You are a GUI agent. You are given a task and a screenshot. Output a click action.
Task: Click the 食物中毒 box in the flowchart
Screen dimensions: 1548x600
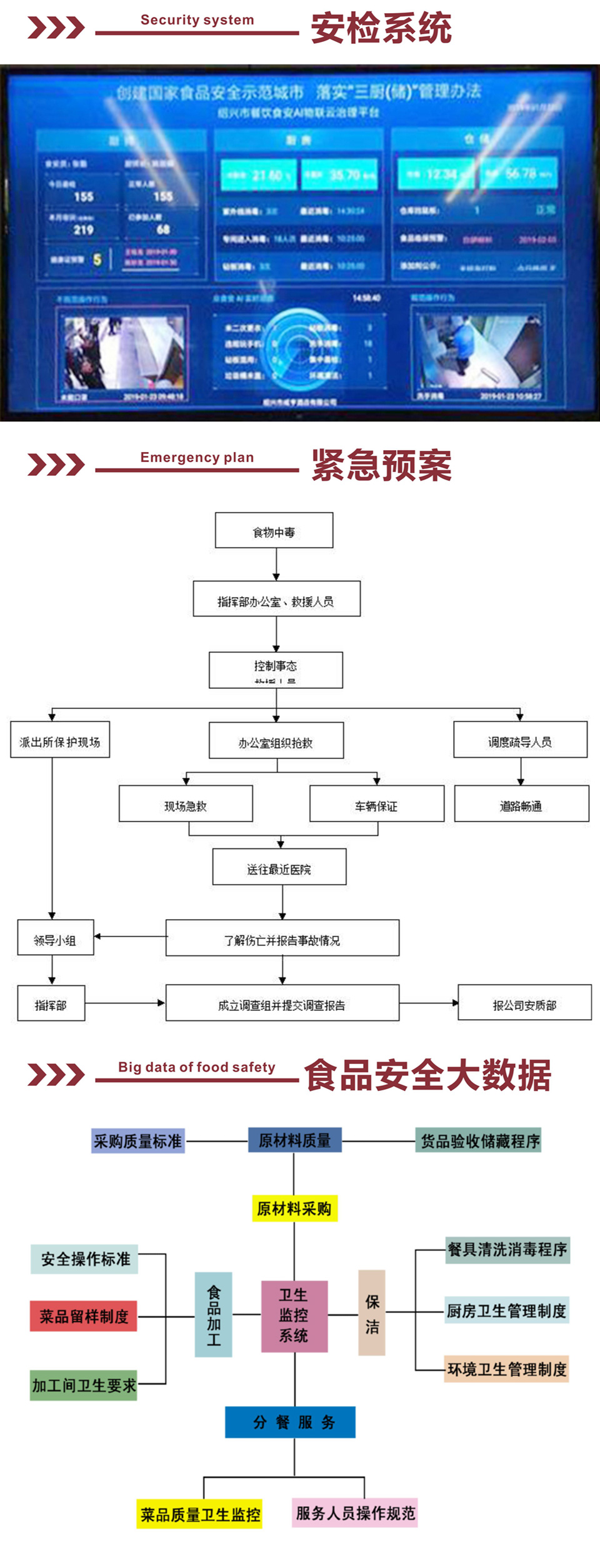tap(274, 531)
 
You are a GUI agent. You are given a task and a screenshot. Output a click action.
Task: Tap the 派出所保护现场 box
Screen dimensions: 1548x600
tap(60, 740)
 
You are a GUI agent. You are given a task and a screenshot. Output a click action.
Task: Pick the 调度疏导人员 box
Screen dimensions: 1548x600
tap(520, 740)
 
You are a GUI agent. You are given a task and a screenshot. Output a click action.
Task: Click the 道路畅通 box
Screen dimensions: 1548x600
tap(521, 804)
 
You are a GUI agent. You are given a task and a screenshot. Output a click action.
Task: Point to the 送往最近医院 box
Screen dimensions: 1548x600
tap(279, 867)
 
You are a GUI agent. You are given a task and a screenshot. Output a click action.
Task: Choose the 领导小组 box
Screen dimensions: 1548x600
tap(56, 938)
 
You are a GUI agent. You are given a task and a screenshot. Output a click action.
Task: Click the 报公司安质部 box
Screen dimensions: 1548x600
tap(524, 1003)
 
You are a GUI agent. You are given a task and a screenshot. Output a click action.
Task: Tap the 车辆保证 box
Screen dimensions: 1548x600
tap(377, 804)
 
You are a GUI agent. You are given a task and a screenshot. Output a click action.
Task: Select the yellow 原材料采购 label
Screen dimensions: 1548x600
tap(294, 1208)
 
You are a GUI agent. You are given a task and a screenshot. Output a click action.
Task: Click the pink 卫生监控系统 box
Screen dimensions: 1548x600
tap(294, 1315)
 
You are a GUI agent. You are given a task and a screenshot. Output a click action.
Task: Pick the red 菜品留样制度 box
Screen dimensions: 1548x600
tap(84, 1315)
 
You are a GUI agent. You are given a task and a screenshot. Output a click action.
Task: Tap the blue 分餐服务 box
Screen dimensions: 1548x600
tap(291, 1422)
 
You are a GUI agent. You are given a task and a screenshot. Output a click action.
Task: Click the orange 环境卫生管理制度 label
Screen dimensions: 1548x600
tap(506, 1369)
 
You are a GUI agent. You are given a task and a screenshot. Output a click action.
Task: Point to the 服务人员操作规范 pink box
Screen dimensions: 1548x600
tap(355, 1513)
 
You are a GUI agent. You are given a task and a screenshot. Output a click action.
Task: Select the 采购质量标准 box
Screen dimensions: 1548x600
tap(138, 1141)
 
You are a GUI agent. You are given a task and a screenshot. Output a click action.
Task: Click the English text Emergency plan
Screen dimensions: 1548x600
tap(197, 457)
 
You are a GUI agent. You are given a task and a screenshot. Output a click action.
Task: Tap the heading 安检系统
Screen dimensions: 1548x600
tap(381, 28)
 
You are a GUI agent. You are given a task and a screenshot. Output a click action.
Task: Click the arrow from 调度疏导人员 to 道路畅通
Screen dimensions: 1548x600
tap(521, 771)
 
